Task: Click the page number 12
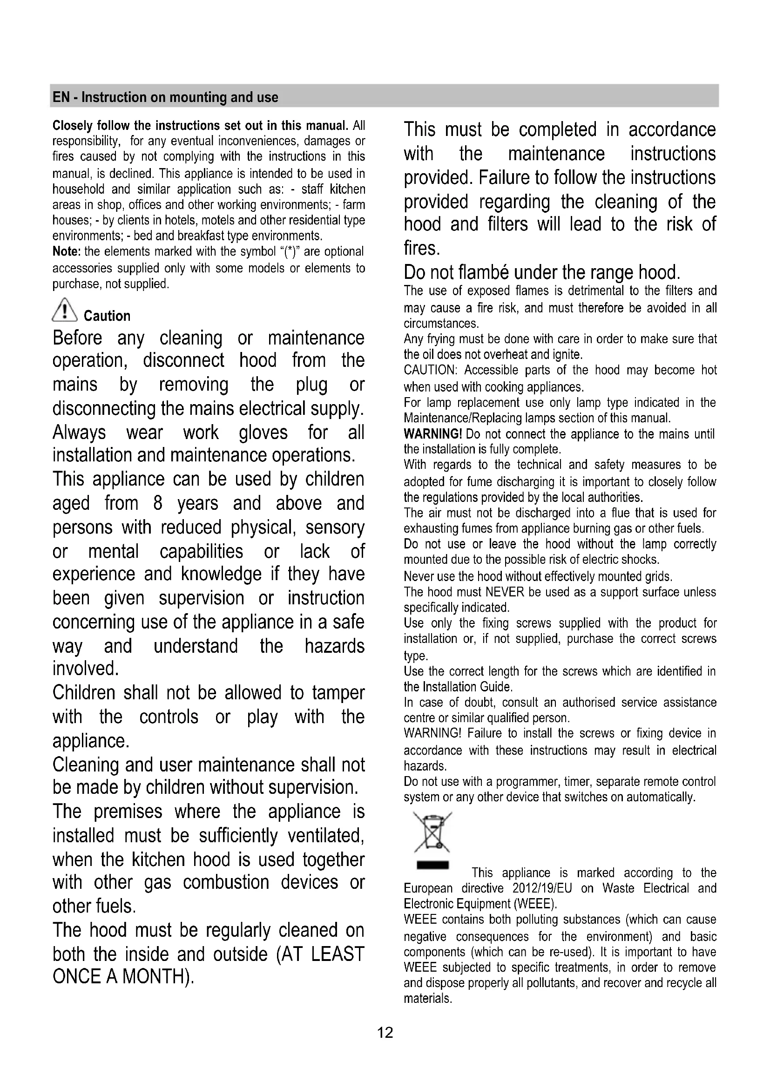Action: pyautogui.click(x=385, y=1033)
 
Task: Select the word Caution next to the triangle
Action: pyautogui.click(x=107, y=316)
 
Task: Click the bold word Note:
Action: pyautogui.click(x=67, y=251)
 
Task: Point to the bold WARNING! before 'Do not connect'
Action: pyautogui.click(x=433, y=434)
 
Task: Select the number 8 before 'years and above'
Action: pyautogui.click(x=158, y=503)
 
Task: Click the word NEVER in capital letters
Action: pyautogui.click(x=505, y=592)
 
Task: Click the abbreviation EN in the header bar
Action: pyautogui.click(x=60, y=97)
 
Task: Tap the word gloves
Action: pyautogui.click(x=263, y=432)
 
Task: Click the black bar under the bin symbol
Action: pyautogui.click(x=432, y=866)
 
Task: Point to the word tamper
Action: pyautogui.click(x=338, y=693)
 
